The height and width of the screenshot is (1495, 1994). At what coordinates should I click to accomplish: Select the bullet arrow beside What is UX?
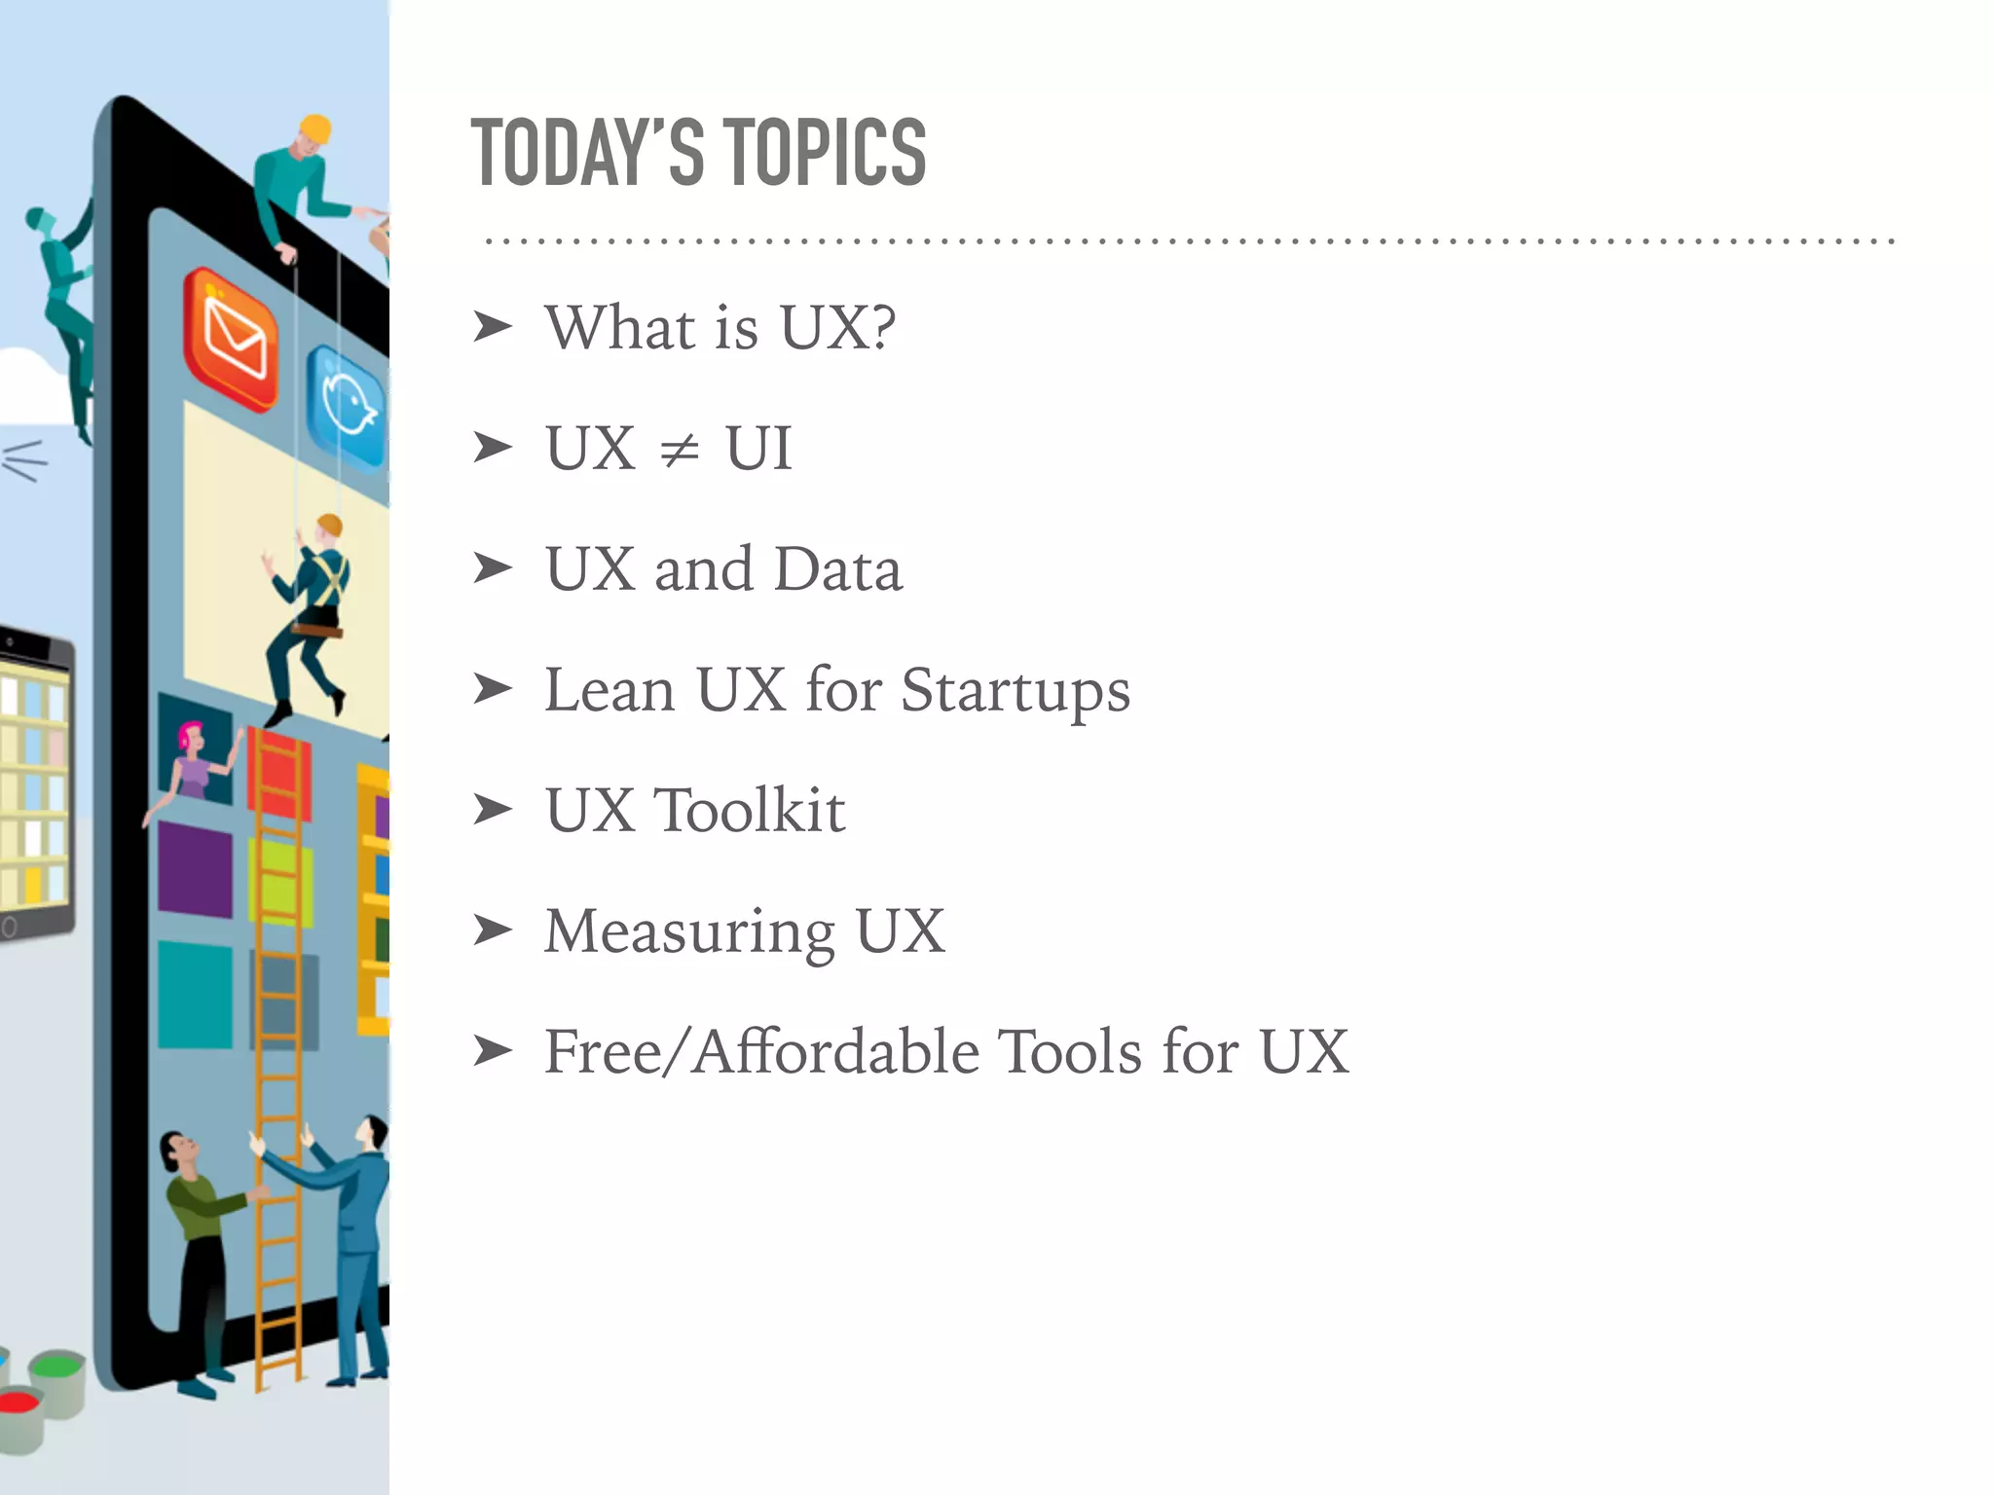point(492,327)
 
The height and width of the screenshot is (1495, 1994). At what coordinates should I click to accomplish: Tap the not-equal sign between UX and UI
point(679,450)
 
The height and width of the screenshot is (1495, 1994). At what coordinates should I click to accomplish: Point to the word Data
point(838,569)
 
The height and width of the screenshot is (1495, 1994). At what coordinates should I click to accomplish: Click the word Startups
point(1015,691)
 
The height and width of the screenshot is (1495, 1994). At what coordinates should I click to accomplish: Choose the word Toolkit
point(750,811)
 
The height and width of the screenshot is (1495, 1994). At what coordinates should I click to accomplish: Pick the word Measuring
point(689,932)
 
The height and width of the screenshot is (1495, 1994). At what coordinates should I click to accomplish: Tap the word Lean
point(609,691)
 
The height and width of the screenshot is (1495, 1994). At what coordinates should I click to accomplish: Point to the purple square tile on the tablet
point(195,868)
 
